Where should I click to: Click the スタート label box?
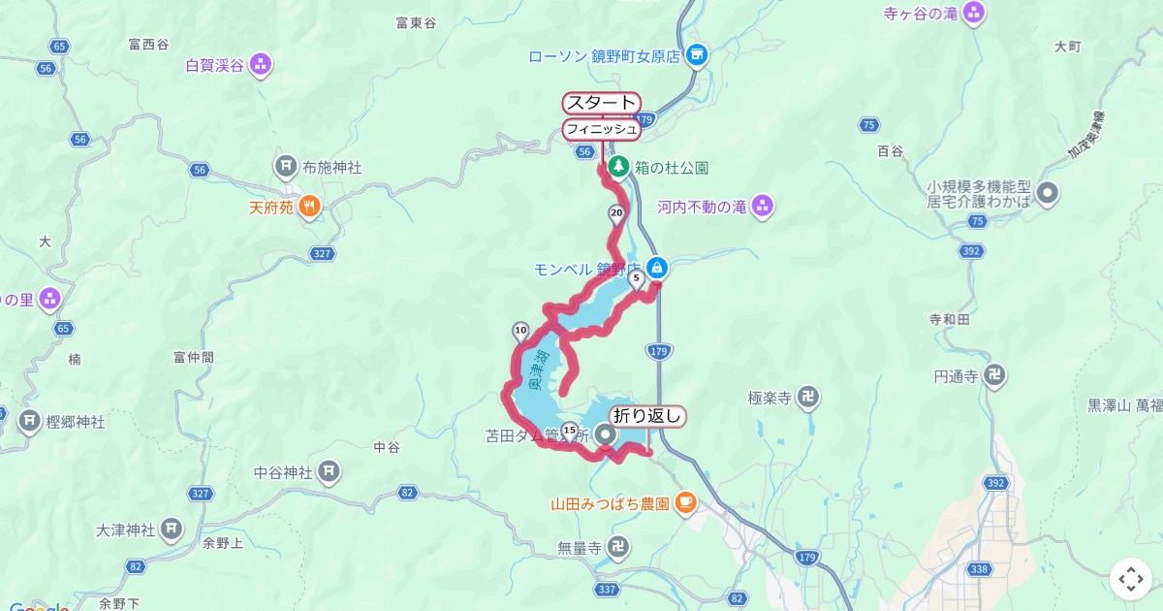[601, 103]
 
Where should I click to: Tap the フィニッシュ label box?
[601, 129]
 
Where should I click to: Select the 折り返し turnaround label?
[648, 417]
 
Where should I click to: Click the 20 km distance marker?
[616, 214]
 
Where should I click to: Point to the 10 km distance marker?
[520, 331]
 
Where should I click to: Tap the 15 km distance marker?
[569, 431]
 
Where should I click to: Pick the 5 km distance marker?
[637, 279]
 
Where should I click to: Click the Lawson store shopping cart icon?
[696, 55]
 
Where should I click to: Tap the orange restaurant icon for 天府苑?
[308, 206]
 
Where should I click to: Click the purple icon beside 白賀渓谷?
[260, 66]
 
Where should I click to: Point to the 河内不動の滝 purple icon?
[763, 206]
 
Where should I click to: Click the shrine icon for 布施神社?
[286, 167]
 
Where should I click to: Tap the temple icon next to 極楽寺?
[810, 397]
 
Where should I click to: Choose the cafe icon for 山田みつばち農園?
[685, 502]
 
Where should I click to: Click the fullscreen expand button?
[1130, 579]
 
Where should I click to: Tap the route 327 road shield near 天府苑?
[323, 254]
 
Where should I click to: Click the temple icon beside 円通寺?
[994, 375]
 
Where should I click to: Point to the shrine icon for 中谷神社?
[330, 472]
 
